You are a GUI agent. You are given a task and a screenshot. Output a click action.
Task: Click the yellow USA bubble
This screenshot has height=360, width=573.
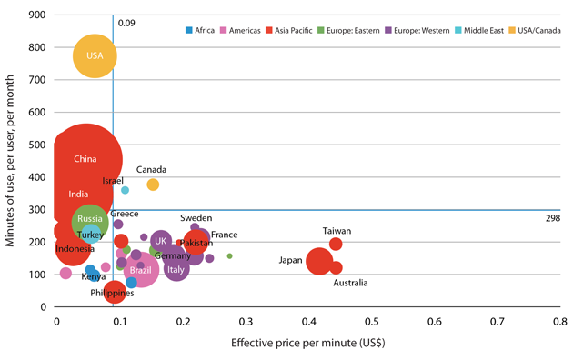point(95,55)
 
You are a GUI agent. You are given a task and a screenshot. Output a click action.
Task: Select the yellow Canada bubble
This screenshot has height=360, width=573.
point(153,185)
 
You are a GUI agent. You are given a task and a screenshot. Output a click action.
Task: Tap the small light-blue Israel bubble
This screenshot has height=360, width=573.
point(125,190)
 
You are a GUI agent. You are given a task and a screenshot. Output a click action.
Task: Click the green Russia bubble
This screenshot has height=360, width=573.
point(90,222)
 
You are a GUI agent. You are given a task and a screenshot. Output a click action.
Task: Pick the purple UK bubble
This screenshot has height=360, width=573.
point(161,241)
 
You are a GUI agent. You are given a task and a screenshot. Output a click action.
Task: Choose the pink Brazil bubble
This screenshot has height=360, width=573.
point(141,270)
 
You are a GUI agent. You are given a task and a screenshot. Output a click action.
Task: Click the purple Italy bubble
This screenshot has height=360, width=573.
point(176,269)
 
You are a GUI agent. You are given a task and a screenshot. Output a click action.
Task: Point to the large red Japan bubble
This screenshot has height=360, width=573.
point(319,261)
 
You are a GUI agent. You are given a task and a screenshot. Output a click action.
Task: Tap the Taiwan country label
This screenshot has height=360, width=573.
point(337,231)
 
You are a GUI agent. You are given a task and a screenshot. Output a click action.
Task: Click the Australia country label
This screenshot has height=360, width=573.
point(350,283)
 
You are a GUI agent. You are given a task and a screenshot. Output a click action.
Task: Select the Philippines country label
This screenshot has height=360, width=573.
point(112,294)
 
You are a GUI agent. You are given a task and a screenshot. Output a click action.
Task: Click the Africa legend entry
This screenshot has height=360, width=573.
point(200,30)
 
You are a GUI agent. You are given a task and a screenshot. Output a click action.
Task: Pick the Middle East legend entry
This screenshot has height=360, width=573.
point(479,30)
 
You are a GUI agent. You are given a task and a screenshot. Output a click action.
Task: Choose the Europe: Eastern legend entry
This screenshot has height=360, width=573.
point(348,30)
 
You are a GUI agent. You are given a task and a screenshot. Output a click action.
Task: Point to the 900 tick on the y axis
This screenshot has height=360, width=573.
point(37,15)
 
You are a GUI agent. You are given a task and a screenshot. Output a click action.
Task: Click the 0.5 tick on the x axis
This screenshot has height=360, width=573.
point(372,322)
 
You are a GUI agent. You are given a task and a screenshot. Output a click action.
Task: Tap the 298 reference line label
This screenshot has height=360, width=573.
point(553,218)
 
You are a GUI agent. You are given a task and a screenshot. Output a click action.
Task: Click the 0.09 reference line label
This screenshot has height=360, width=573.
point(126,23)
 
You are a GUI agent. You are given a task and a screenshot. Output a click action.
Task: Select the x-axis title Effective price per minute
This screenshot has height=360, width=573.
point(308,343)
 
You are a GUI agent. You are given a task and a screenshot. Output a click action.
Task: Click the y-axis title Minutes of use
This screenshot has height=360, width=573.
point(10,161)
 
